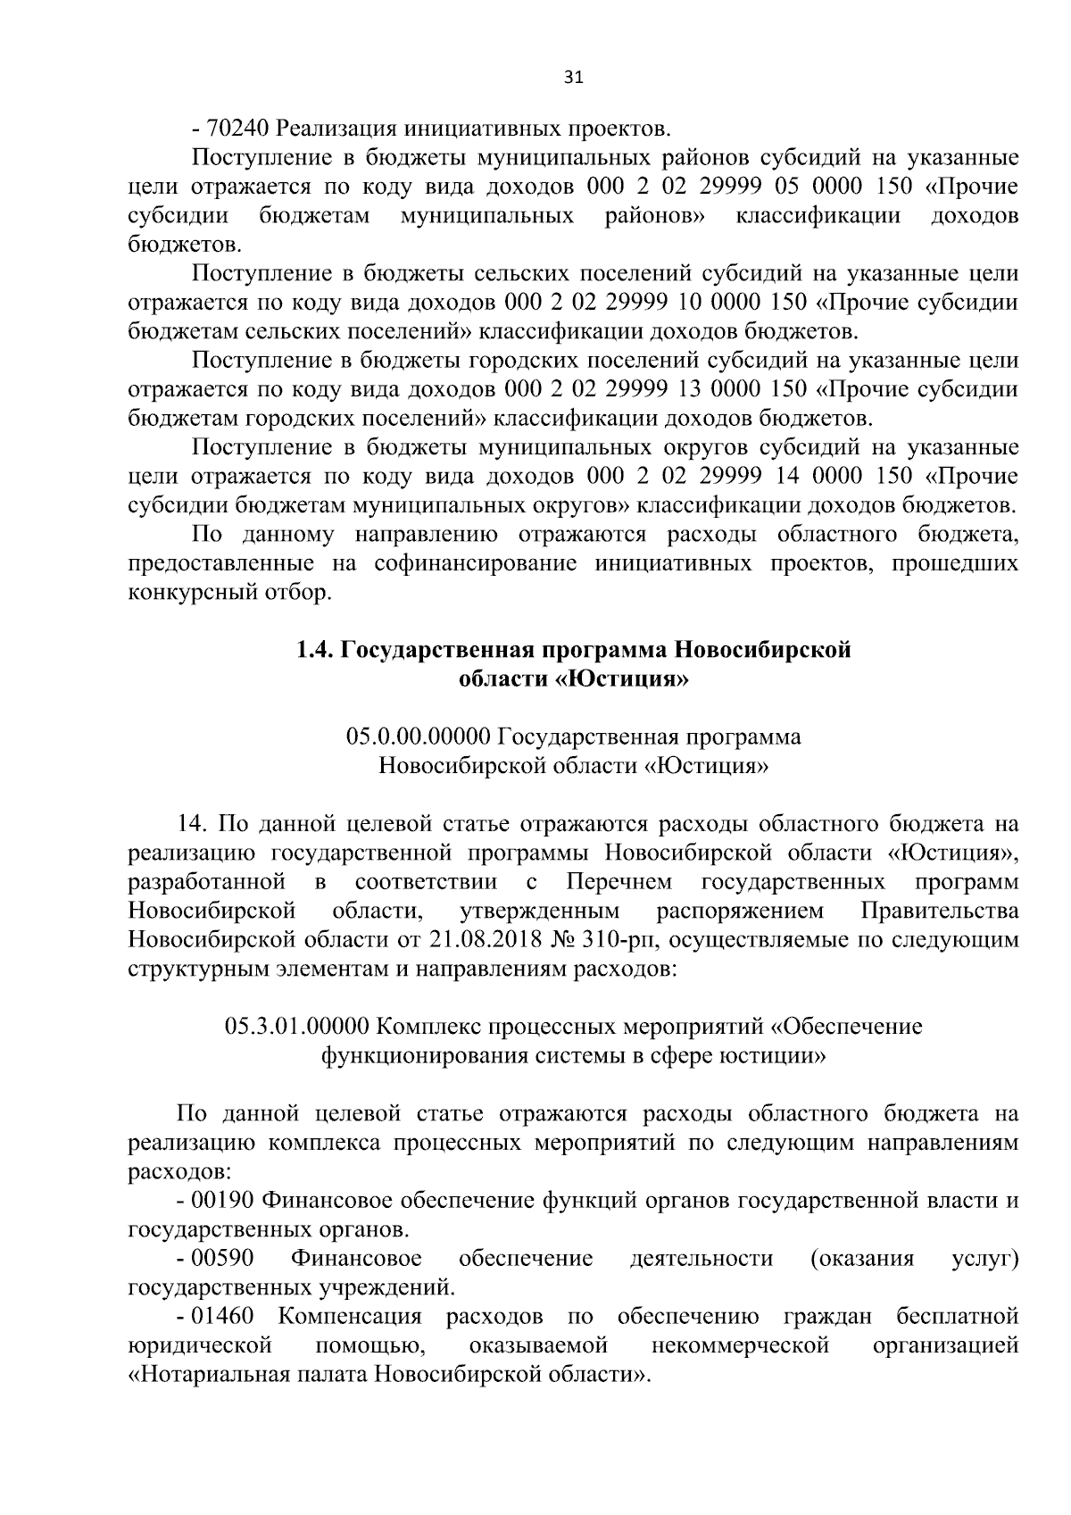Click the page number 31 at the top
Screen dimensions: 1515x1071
point(574,78)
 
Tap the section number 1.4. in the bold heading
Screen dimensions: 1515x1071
point(315,650)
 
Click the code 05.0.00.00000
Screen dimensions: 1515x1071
point(419,737)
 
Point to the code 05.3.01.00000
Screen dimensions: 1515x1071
point(297,1027)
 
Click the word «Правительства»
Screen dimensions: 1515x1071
point(940,911)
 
